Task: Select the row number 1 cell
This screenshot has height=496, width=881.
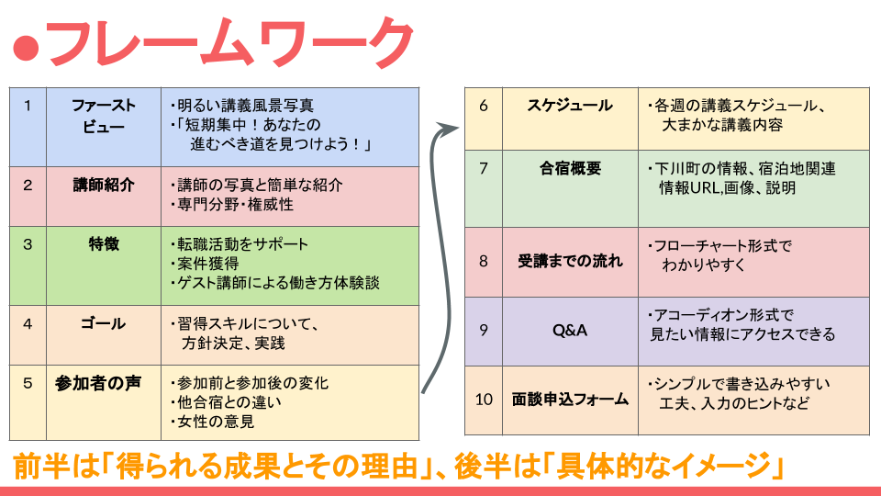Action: (x=28, y=106)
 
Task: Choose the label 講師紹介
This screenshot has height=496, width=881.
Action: (x=104, y=185)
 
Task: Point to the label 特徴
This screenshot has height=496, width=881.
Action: (x=104, y=244)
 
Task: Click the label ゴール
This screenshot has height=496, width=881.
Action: (x=104, y=324)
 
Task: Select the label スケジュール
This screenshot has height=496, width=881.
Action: (x=570, y=106)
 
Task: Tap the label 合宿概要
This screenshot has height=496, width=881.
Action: (x=570, y=169)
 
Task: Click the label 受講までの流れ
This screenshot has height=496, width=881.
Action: (x=570, y=261)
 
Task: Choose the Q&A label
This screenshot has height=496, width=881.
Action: (x=570, y=331)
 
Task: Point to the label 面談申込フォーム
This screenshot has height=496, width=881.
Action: (x=570, y=400)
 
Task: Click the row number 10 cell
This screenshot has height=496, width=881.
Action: (x=485, y=400)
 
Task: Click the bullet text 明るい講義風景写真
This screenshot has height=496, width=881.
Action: (x=242, y=106)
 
